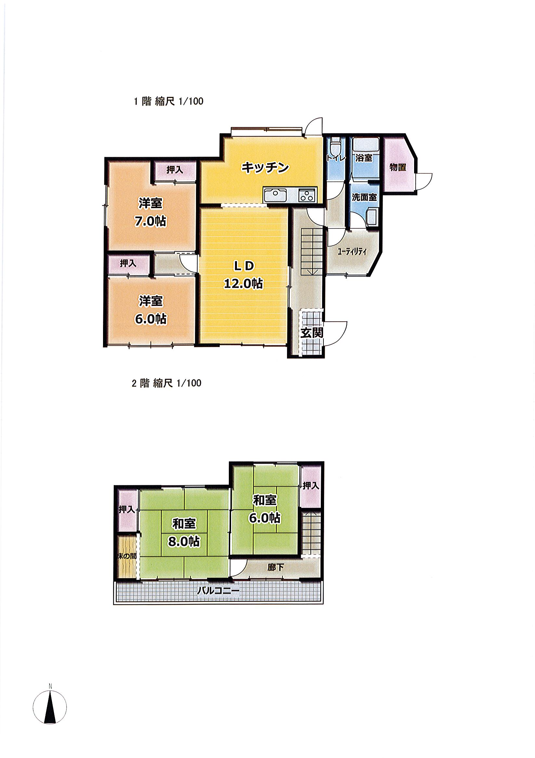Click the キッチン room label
[x=265, y=168]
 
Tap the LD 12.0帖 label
[x=243, y=274]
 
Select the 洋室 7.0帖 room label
[x=150, y=212]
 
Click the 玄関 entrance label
[x=312, y=333]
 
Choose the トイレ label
[x=336, y=158]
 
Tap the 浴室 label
[x=364, y=158]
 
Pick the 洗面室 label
[x=364, y=197]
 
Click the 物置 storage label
[x=398, y=167]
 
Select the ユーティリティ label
[x=352, y=252]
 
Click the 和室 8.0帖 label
[x=184, y=533]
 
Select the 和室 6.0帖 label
[x=265, y=510]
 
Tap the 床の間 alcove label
[x=127, y=556]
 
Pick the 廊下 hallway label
[x=276, y=567]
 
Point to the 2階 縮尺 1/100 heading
[x=166, y=383]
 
